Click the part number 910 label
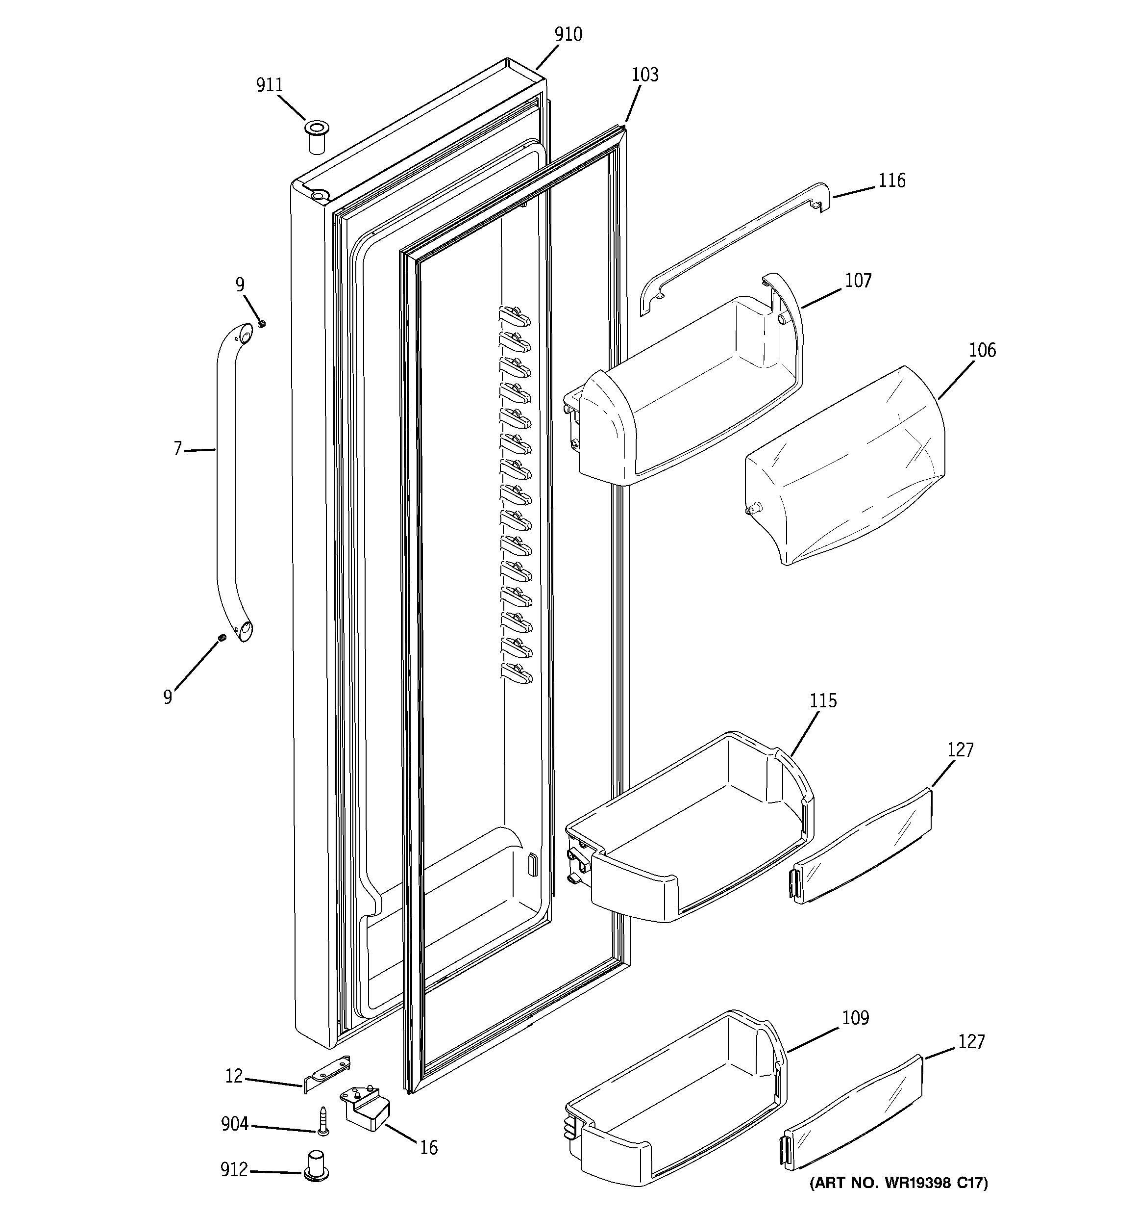[x=568, y=35]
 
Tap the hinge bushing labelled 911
[x=316, y=137]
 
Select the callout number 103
[x=644, y=75]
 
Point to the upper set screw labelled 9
[x=262, y=324]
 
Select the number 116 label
[x=891, y=181]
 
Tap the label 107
[x=858, y=281]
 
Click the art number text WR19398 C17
[x=897, y=1199]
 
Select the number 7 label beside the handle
[x=177, y=449]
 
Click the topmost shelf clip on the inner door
[x=515, y=316]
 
